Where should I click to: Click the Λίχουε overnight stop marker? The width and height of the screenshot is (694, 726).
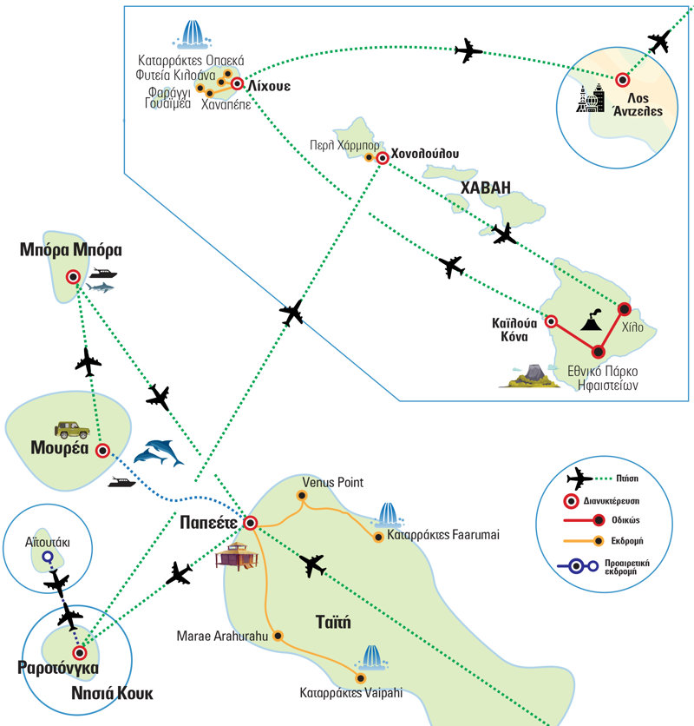pyautogui.click(x=237, y=84)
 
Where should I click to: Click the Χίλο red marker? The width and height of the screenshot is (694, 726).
pyautogui.click(x=623, y=308)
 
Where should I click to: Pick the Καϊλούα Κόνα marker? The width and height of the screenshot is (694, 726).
pyautogui.click(x=550, y=320)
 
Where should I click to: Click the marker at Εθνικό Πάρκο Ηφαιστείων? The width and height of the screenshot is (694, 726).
pyautogui.click(x=598, y=351)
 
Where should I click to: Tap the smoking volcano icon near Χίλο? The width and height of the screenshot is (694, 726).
pyautogui.click(x=591, y=322)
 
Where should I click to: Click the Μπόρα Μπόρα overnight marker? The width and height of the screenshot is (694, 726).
pyautogui.click(x=73, y=277)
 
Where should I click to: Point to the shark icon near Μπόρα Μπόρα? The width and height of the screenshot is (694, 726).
pyautogui.click(x=102, y=287)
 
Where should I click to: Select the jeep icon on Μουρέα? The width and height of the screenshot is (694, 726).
pyautogui.click(x=69, y=428)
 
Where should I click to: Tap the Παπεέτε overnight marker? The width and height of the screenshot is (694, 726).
pyautogui.click(x=250, y=523)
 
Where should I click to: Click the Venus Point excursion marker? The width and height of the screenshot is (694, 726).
pyautogui.click(x=302, y=497)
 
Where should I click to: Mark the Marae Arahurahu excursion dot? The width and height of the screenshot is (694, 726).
pyautogui.click(x=278, y=635)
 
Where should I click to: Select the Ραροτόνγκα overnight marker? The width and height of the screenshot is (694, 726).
pyautogui.click(x=80, y=652)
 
